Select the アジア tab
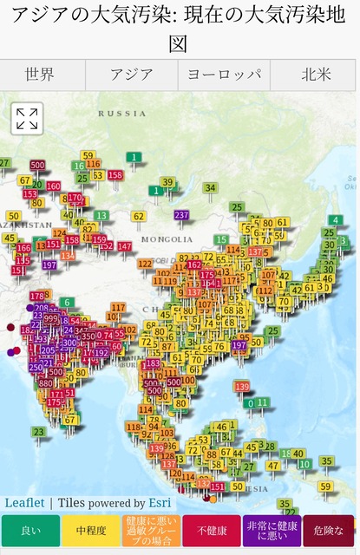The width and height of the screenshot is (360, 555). tap(132, 75)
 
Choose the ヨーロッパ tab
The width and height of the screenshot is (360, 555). tap(224, 75)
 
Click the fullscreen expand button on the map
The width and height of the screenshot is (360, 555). tap(27, 119)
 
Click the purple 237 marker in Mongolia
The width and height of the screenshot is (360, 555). tap(181, 215)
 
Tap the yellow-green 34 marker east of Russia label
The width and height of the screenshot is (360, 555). tap(210, 187)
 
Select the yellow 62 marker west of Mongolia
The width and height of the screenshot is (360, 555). tap(138, 216)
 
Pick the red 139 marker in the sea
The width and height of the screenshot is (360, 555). tap(242, 387)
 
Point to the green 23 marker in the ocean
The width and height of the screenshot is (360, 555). tap(38, 431)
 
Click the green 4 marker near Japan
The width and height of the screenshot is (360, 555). tap(336, 219)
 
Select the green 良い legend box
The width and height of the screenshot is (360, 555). tap(30, 531)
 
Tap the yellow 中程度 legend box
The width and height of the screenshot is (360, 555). tap(90, 531)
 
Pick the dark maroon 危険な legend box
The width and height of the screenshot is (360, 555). tap(329, 531)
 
